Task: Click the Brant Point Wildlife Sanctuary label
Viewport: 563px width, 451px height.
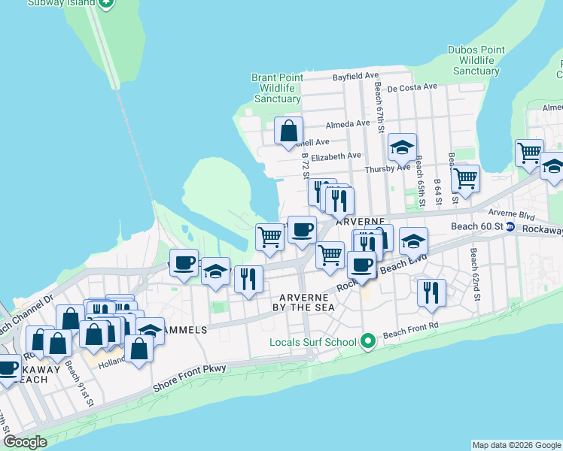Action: pos(278,88)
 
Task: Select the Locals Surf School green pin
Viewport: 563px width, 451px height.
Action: pos(368,342)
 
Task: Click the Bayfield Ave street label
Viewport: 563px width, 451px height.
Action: pos(355,76)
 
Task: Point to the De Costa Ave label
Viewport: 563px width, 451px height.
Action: pos(412,87)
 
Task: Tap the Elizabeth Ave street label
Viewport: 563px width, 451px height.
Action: pos(336,156)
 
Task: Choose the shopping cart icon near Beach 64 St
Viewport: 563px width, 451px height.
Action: pos(466,179)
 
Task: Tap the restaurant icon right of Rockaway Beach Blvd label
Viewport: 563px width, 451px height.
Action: pos(431,292)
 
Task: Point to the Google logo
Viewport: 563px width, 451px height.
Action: pos(25,442)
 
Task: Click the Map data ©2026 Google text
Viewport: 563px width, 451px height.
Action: pos(516,445)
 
